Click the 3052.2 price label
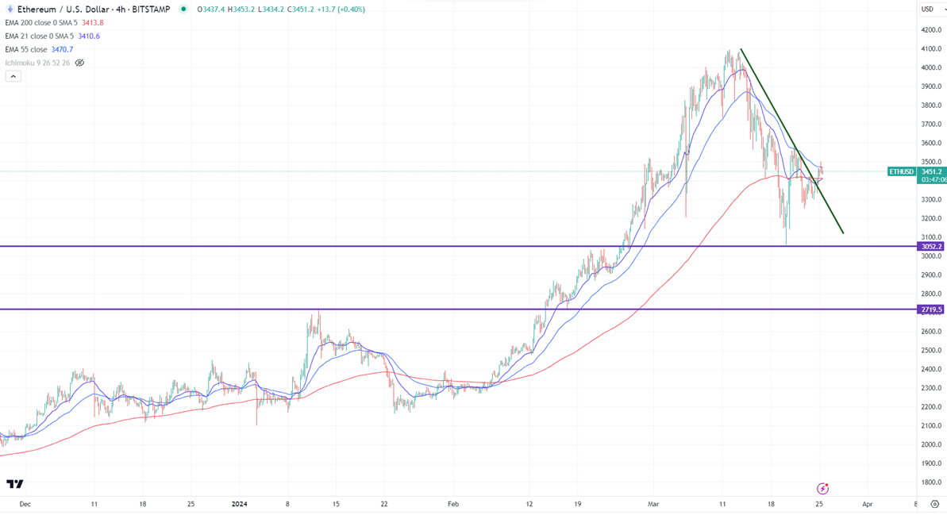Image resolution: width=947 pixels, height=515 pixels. click(931, 247)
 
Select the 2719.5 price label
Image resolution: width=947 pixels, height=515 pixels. click(931, 309)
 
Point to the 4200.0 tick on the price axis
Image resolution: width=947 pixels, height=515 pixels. click(931, 30)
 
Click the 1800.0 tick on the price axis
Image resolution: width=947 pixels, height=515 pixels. click(931, 482)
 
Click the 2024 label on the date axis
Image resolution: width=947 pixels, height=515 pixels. click(241, 504)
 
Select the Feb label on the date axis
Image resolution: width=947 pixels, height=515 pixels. click(453, 504)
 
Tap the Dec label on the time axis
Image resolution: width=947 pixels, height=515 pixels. click(25, 504)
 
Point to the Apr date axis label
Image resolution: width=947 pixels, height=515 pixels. click(868, 504)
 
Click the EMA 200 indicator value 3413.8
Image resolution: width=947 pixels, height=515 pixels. click(93, 23)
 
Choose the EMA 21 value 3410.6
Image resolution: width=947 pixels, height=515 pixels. click(89, 36)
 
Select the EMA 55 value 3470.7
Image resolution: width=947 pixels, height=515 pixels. click(62, 49)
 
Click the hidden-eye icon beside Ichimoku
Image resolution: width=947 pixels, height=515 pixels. click(79, 63)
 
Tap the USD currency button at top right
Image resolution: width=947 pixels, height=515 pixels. click(927, 10)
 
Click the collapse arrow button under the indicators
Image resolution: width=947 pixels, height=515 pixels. click(13, 76)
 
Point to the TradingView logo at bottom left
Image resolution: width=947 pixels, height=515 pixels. click(14, 484)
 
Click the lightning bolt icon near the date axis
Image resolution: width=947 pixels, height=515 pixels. click(822, 488)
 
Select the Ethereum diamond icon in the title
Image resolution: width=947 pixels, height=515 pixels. click(10, 10)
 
